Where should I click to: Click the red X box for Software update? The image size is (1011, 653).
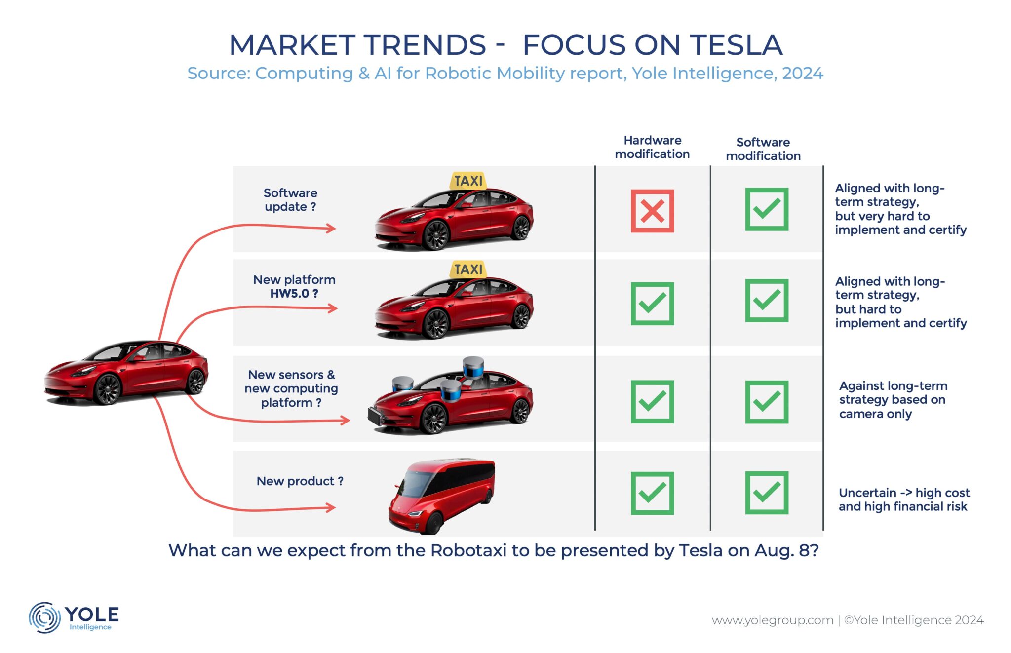coord(652,211)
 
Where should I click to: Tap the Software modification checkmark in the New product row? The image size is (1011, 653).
coord(767,493)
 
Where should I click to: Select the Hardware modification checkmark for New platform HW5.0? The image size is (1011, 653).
coord(652,303)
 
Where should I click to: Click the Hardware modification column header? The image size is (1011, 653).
coord(652,147)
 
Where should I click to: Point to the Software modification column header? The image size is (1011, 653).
coord(763,149)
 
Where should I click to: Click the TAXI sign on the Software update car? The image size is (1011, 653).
coord(468,181)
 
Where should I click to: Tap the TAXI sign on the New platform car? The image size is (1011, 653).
coord(468,269)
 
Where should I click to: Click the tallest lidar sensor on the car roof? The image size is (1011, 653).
coord(473,367)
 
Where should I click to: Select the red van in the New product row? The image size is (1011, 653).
coord(441,496)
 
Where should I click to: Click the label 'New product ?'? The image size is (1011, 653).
coord(300,481)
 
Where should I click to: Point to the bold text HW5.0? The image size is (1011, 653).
coord(290,294)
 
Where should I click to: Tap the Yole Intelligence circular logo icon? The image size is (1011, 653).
coord(44,617)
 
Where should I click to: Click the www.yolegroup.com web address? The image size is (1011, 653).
coord(772,620)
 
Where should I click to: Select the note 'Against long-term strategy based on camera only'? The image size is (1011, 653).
coord(893,400)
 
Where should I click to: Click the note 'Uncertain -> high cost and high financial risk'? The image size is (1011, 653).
coord(904,499)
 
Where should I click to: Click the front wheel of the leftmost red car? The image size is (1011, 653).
coord(108,389)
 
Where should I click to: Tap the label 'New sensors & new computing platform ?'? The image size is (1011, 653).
coord(291,389)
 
